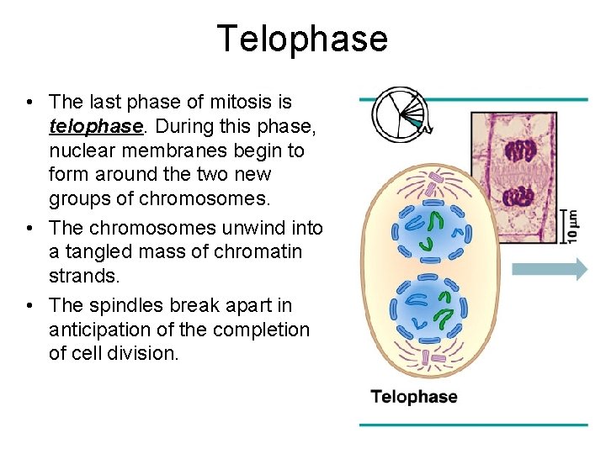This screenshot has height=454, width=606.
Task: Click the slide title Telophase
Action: [302, 40]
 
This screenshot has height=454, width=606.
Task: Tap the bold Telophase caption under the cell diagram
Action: [414, 397]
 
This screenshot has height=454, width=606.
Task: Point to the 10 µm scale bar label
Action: [573, 224]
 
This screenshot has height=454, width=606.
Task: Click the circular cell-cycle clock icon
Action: [399, 111]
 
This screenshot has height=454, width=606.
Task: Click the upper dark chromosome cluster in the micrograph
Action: [520, 151]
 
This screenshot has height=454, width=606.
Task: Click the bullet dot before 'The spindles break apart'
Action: [29, 305]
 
